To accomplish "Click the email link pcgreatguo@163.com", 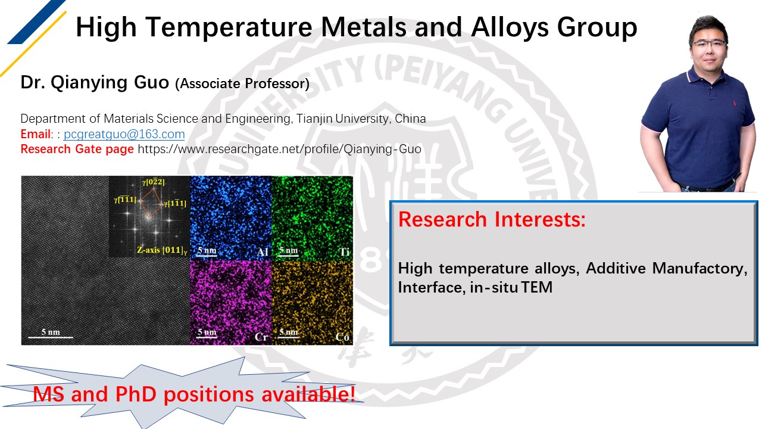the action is coord(124,134).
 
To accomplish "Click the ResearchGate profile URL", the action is coord(279,149).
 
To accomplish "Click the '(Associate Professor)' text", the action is coord(242,84).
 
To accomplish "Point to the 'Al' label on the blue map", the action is coord(263,252).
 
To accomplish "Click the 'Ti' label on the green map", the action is coord(344,252).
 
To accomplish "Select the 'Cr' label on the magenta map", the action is coord(261,337).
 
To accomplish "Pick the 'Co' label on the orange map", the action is coord(342,337).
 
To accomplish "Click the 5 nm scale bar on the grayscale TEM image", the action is coord(51,337).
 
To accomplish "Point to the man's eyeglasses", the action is coord(709,43).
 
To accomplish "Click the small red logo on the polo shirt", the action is coord(735,102).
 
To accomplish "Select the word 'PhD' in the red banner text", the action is coord(136,394).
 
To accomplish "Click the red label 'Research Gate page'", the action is coord(77,149).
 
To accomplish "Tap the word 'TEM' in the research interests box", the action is coord(537,287).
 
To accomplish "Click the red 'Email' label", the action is coord(35,134).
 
